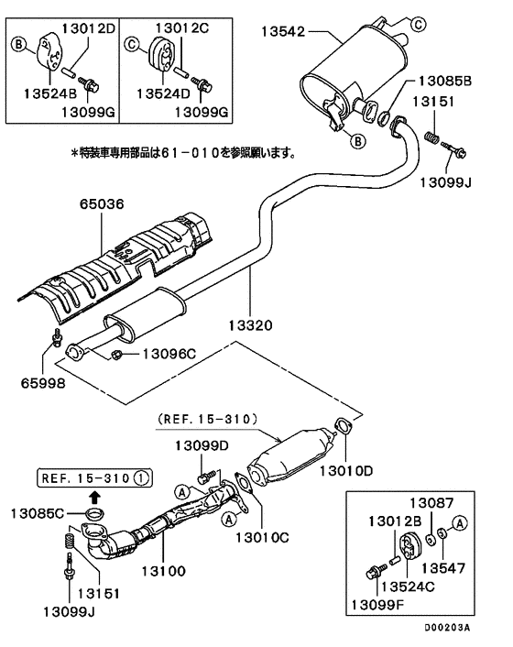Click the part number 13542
pyautogui.click(x=283, y=31)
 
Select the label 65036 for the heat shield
pyautogui.click(x=102, y=203)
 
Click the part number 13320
pyautogui.click(x=250, y=325)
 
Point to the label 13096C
pyautogui.click(x=169, y=354)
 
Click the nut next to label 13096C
pyautogui.click(x=116, y=354)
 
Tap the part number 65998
pyautogui.click(x=43, y=383)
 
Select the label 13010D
pyautogui.click(x=346, y=470)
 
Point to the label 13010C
pyautogui.click(x=262, y=537)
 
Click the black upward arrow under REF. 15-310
pyautogui.click(x=95, y=497)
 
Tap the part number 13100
pyautogui.click(x=164, y=571)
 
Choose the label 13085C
pyautogui.click(x=38, y=513)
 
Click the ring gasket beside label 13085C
pyautogui.click(x=95, y=514)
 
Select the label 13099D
pyautogui.click(x=202, y=445)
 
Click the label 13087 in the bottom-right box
pyautogui.click(x=431, y=502)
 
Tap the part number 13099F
pyautogui.click(x=377, y=605)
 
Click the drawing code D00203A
pyautogui.click(x=447, y=628)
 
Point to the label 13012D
pyautogui.click(x=89, y=28)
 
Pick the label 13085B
pyautogui.click(x=445, y=81)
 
